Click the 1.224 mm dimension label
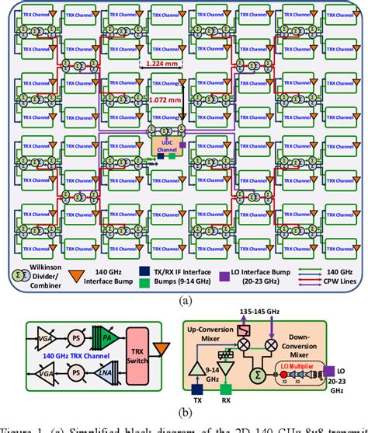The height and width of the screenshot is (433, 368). click(161, 65)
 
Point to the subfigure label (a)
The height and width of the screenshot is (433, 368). click(183, 298)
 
